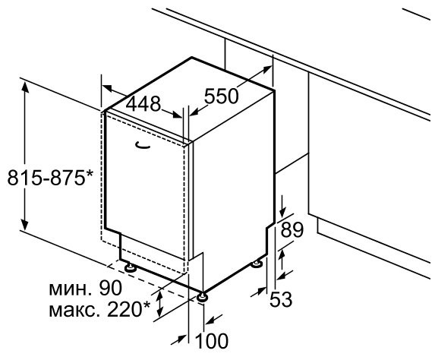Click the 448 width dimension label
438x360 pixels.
143,104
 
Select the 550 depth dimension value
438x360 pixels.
221,96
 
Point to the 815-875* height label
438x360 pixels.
50,178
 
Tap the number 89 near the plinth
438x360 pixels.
292,230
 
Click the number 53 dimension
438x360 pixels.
281,299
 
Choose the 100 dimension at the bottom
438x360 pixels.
212,341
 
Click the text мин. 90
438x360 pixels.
86,288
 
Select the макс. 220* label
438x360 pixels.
99,309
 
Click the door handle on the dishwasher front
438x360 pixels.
143,145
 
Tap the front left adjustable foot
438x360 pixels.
131,267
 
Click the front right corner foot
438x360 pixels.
202,297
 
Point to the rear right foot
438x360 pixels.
257,264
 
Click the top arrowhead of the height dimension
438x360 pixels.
25,86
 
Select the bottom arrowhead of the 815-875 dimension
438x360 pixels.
25,225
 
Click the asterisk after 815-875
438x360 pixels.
89,174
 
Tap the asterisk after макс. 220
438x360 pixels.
147,305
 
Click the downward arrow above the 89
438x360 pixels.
283,207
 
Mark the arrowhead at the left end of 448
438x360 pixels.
106,88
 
